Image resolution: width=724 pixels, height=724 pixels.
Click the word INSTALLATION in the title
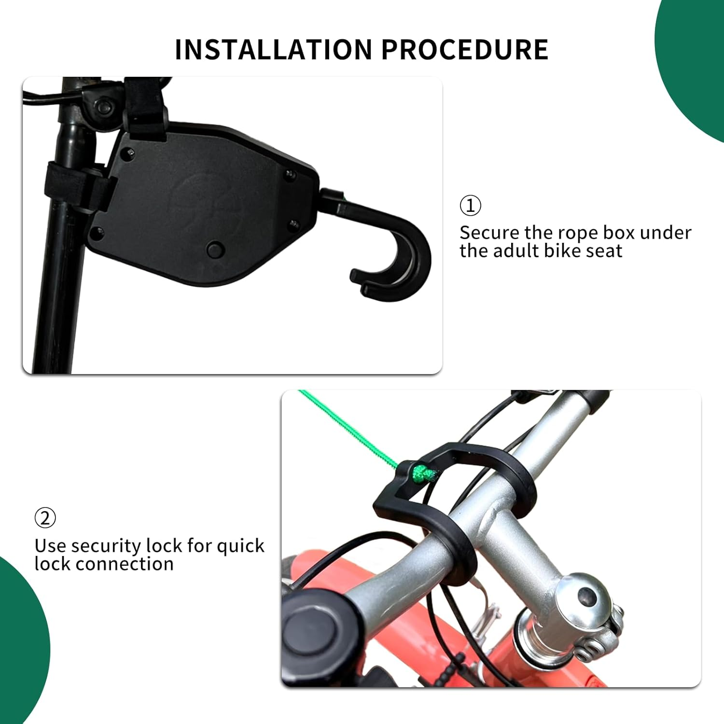(274, 49)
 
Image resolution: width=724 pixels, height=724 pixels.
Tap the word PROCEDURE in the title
(465, 49)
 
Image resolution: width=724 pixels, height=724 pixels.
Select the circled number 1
(470, 205)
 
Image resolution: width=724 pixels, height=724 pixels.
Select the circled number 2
(45, 518)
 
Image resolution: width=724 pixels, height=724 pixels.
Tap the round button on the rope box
(215, 250)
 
